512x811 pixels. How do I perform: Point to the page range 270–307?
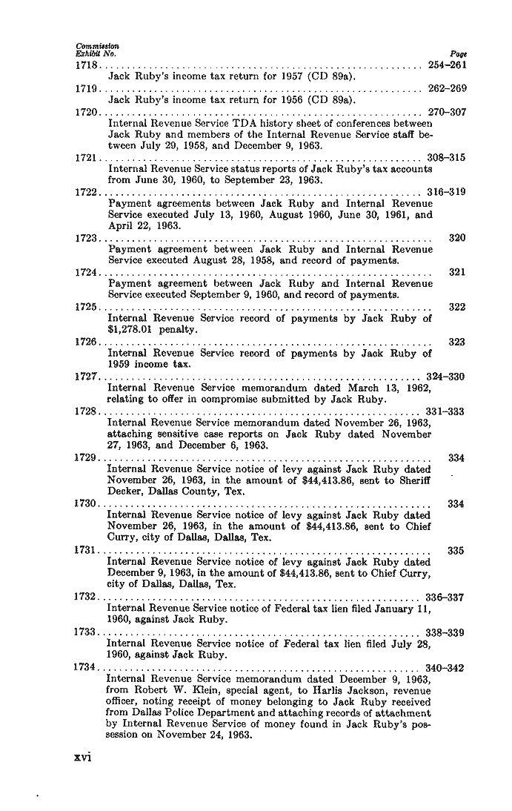click(x=447, y=113)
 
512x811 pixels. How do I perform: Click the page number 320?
click(x=457, y=239)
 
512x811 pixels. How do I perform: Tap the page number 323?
click(x=457, y=342)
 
